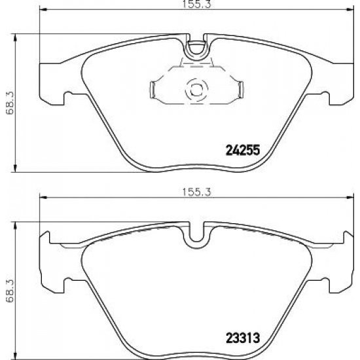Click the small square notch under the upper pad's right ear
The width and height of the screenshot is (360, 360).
[x=323, y=100]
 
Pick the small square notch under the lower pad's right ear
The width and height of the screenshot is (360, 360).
[x=323, y=283]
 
